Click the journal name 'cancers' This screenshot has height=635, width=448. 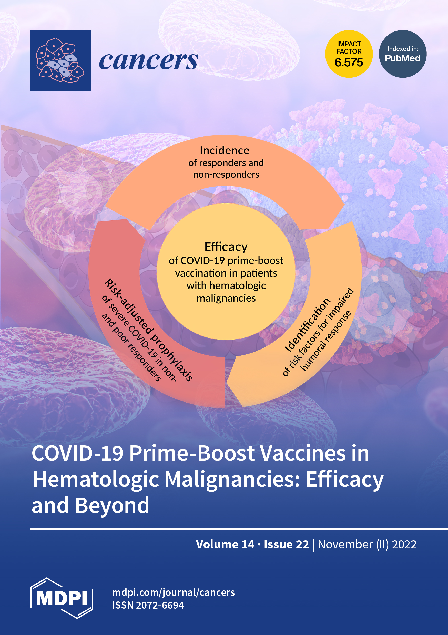pyautogui.click(x=148, y=61)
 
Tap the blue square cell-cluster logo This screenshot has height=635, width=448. pyautogui.click(x=61, y=61)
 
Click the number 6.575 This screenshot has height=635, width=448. pyautogui.click(x=349, y=62)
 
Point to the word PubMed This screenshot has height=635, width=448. pyautogui.click(x=402, y=58)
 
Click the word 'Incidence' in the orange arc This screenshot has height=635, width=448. pyautogui.click(x=225, y=151)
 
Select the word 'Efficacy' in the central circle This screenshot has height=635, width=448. pyautogui.click(x=226, y=247)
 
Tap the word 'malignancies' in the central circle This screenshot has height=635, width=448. pyautogui.click(x=226, y=298)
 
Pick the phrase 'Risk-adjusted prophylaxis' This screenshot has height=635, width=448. pyautogui.click(x=149, y=330)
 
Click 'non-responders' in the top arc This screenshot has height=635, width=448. pyautogui.click(x=226, y=175)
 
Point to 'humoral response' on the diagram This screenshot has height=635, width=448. pyautogui.click(x=326, y=341)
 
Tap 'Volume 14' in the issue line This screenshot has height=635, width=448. pyautogui.click(x=225, y=544)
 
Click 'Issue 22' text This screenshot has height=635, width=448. pyautogui.click(x=286, y=544)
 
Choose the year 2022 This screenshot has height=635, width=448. pyautogui.click(x=404, y=544)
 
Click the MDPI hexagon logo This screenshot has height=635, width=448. pyautogui.click(x=62, y=598)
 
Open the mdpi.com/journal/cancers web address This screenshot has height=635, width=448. pyautogui.click(x=173, y=592)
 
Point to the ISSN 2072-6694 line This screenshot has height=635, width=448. pyautogui.click(x=148, y=605)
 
